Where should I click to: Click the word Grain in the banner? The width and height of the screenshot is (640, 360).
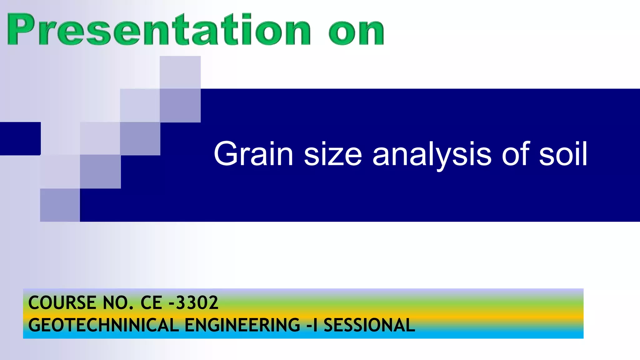tap(253, 154)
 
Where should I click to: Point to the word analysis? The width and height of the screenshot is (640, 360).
tap(432, 154)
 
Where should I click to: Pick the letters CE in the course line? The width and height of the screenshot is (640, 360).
tap(151, 303)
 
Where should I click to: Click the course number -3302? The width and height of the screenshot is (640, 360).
tap(193, 303)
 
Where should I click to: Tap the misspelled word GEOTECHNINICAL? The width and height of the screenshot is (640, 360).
tap(103, 325)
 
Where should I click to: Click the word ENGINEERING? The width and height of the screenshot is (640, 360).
tap(242, 325)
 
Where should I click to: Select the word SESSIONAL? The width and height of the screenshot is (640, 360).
tap(369, 325)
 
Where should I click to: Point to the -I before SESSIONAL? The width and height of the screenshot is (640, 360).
tap(312, 325)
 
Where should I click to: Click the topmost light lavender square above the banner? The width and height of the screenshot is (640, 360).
tap(180, 72)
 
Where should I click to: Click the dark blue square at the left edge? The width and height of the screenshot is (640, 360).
tap(20, 138)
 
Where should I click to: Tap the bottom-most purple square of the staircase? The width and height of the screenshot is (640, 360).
tap(60, 205)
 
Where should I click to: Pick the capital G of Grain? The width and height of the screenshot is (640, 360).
tap(226, 154)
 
